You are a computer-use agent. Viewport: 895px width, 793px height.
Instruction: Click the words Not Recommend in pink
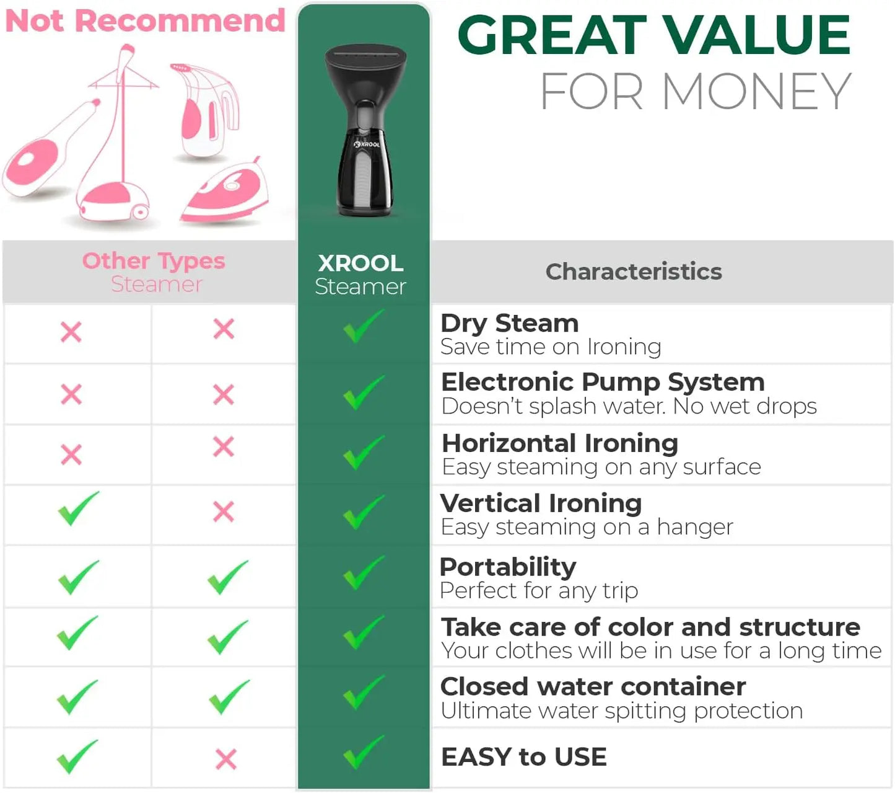(145, 21)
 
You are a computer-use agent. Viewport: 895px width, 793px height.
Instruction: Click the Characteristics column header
(633, 272)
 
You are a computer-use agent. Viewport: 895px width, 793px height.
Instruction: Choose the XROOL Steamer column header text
(360, 274)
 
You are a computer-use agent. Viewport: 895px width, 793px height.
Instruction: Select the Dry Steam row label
(509, 324)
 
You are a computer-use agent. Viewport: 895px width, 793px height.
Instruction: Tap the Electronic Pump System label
(603, 382)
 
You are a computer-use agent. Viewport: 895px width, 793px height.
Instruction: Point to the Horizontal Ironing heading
(560, 443)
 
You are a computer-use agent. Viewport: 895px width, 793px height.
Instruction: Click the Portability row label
(508, 567)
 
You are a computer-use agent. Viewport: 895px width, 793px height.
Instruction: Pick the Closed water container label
(593, 686)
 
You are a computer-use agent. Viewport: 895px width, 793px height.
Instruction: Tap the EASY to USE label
(523, 757)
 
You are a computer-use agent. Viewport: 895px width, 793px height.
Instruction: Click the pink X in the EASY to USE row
(226, 759)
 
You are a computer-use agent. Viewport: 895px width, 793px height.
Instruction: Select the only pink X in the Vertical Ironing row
(224, 512)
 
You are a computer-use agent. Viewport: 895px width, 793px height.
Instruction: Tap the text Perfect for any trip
(538, 591)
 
